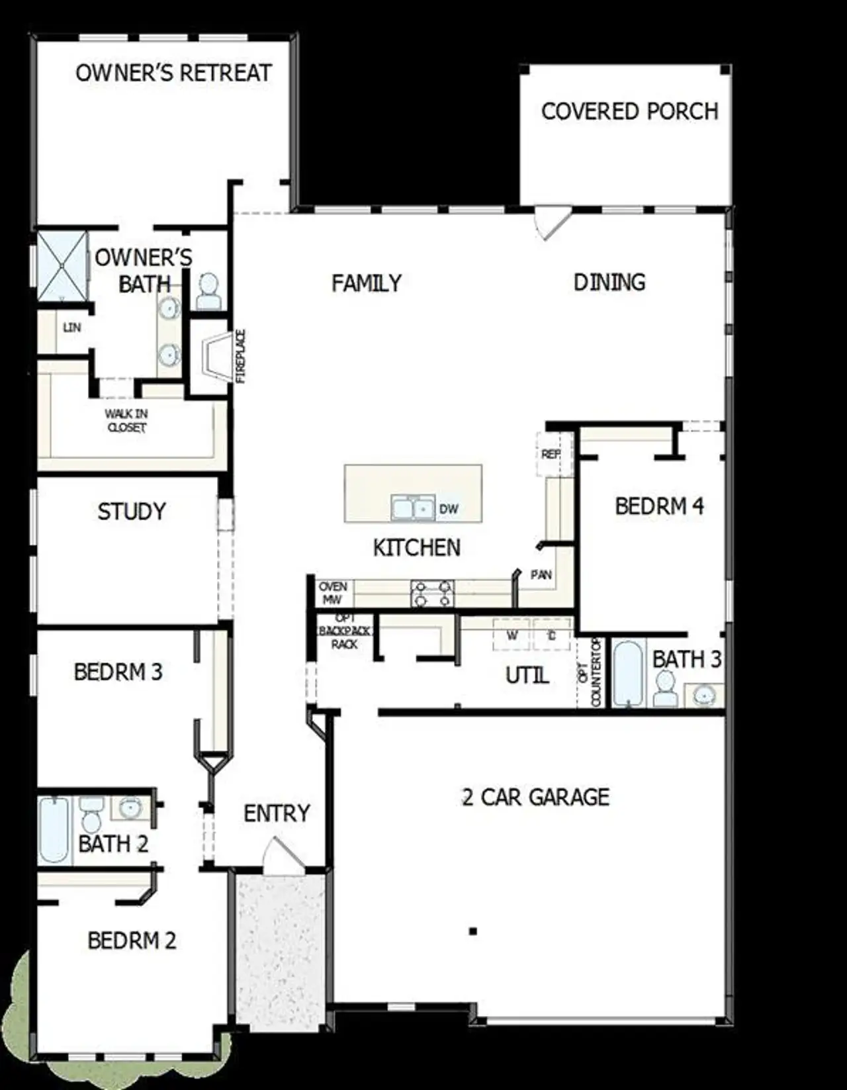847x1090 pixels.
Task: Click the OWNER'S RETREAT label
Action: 173,73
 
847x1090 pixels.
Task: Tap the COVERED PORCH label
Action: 629,111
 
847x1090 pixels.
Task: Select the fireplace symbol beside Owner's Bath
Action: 211,357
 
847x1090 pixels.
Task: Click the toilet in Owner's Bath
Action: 208,292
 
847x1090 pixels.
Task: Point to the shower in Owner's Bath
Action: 61,266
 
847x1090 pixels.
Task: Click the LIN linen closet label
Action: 71,328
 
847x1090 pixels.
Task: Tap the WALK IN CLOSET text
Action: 126,421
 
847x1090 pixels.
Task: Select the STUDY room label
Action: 132,512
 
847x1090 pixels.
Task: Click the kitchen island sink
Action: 412,508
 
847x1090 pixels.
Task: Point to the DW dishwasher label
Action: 449,509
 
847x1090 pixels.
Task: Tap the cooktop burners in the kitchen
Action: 432,594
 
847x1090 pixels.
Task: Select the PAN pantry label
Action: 541,575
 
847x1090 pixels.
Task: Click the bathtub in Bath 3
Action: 628,672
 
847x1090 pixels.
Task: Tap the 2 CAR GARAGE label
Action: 535,797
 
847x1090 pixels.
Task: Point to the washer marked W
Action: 512,636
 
